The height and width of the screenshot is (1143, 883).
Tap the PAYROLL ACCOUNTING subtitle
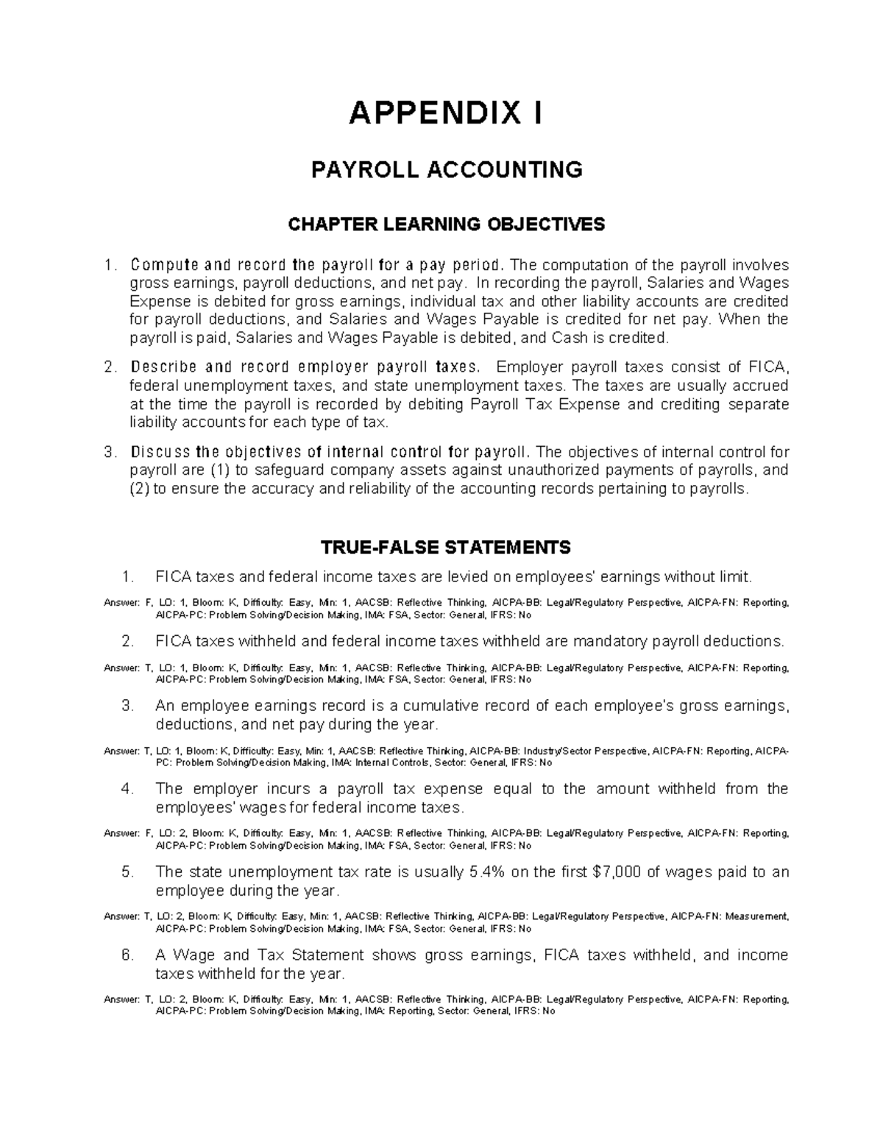pyautogui.click(x=447, y=170)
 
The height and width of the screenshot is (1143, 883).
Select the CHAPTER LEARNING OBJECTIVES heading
pyautogui.click(x=447, y=224)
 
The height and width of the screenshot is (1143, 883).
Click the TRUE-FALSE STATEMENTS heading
pyautogui.click(x=446, y=547)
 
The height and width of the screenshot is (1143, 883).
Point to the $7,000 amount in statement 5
pyautogui.click(x=616, y=872)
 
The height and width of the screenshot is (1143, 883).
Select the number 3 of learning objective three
pyautogui.click(x=110, y=452)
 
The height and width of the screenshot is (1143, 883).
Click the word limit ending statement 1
pyautogui.click(x=736, y=576)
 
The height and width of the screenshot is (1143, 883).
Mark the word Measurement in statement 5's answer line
pyautogui.click(x=756, y=917)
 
